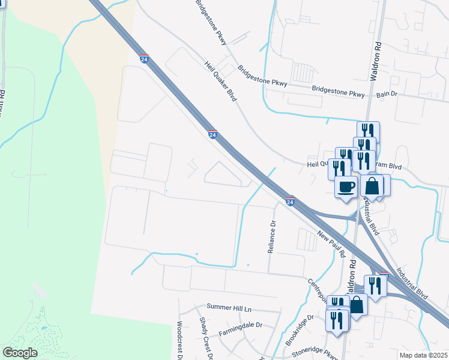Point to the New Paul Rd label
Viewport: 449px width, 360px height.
click(330, 244)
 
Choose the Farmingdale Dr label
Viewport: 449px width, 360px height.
click(241, 325)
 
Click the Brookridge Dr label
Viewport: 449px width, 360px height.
click(300, 327)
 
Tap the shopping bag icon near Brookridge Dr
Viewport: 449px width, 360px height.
click(357, 304)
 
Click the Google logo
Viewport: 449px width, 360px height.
click(20, 353)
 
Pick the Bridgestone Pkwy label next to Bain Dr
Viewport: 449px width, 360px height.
click(338, 93)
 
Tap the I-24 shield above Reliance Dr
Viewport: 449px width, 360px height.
click(290, 202)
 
